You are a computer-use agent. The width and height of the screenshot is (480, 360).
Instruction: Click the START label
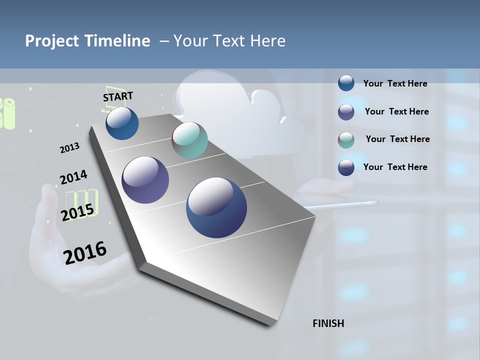pos(118,96)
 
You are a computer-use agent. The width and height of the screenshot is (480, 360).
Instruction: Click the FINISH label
pos(328,323)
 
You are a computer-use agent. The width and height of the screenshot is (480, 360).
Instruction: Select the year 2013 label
pos(70,148)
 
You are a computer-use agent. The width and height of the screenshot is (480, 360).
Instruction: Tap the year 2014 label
pos(73,177)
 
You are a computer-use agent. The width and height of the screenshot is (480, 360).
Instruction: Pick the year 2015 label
pos(77,212)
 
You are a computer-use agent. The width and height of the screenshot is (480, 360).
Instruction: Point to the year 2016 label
pos(85,252)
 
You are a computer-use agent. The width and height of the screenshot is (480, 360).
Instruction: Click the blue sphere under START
pos(122,123)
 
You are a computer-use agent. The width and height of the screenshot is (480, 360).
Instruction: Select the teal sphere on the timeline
pos(189,140)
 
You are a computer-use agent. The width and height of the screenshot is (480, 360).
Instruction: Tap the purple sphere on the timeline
pos(145,180)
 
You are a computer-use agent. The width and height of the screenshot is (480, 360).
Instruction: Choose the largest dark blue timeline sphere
pos(216,207)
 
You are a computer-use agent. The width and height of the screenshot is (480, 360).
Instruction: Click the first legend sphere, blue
pos(346,83)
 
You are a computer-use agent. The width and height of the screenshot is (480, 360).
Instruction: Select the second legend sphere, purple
pos(346,112)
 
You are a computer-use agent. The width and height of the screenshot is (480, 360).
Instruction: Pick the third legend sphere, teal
pos(346,140)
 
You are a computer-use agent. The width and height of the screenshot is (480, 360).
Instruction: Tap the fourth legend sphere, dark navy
pos(346,167)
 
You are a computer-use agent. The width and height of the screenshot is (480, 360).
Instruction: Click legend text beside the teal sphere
pos(397,139)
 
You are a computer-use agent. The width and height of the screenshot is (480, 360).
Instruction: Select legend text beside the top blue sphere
pos(395,83)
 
